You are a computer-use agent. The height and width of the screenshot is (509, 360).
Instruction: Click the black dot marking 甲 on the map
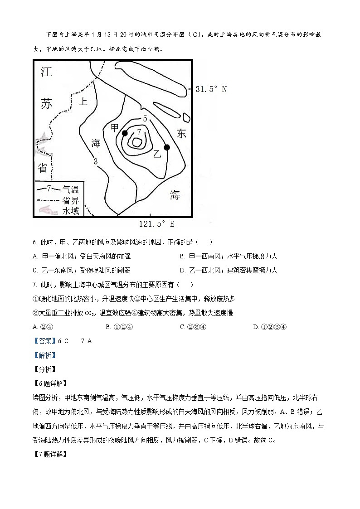click(x=125, y=133)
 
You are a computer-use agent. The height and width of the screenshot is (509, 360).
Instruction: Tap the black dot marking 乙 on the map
click(x=167, y=147)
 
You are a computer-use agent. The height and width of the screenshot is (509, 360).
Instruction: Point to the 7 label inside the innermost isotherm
click(x=139, y=132)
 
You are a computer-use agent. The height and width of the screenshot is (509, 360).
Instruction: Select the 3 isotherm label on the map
click(x=96, y=161)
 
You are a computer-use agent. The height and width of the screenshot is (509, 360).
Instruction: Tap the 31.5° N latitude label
click(x=211, y=89)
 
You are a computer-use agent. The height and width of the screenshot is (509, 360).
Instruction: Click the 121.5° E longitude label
click(x=156, y=224)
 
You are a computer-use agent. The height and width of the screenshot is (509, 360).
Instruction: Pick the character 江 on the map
click(x=46, y=73)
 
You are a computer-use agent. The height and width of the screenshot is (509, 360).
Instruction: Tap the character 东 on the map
click(x=181, y=133)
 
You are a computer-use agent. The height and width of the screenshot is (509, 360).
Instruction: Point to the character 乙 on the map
click(x=157, y=154)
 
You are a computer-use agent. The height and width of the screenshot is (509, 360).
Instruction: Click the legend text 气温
click(x=71, y=189)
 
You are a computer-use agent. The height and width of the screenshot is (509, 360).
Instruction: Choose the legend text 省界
click(x=71, y=200)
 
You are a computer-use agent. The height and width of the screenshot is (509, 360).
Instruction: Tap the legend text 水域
click(x=71, y=211)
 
